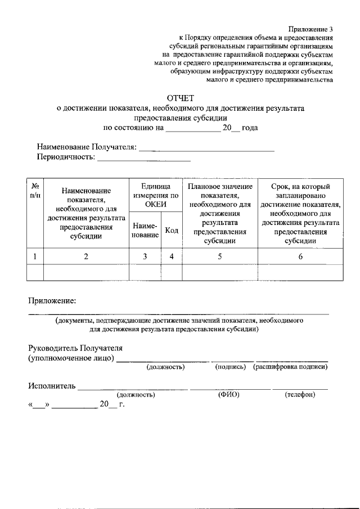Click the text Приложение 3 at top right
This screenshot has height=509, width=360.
[311, 29]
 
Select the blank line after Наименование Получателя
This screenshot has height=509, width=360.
[206, 150]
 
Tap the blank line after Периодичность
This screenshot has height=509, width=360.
[144, 160]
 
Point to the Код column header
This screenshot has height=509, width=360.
[172, 230]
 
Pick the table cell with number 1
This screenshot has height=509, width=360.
[35, 256]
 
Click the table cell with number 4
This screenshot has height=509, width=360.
[172, 256]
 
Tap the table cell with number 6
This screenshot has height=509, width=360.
[300, 256]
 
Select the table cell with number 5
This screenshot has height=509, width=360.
[220, 256]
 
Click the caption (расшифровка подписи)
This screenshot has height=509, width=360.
[291, 367]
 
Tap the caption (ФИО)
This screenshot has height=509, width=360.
[229, 395]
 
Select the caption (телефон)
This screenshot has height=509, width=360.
[300, 395]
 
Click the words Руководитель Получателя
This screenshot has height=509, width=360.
[75, 349]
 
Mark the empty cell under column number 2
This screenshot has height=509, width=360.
[86, 272]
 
